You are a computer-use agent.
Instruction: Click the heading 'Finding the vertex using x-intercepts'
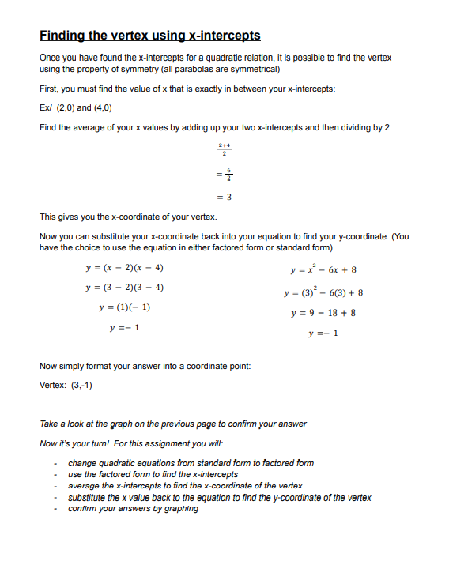(x=149, y=36)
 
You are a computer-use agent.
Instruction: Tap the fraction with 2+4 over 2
(x=224, y=150)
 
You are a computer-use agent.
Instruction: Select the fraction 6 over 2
(x=224, y=173)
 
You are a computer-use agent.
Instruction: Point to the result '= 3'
(x=224, y=196)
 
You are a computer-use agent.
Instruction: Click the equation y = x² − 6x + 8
(x=324, y=270)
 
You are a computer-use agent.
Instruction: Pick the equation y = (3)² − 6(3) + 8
(x=324, y=292)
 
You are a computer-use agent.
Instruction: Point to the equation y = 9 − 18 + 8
(x=324, y=313)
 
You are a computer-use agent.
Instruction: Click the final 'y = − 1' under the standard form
(x=324, y=333)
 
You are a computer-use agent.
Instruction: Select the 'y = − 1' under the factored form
(x=124, y=326)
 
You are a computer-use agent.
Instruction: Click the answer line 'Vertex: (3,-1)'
(x=66, y=386)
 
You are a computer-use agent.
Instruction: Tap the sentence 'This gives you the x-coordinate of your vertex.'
(x=127, y=217)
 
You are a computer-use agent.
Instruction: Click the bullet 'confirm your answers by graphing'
(x=133, y=509)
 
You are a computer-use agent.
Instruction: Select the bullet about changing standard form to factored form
(x=191, y=463)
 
